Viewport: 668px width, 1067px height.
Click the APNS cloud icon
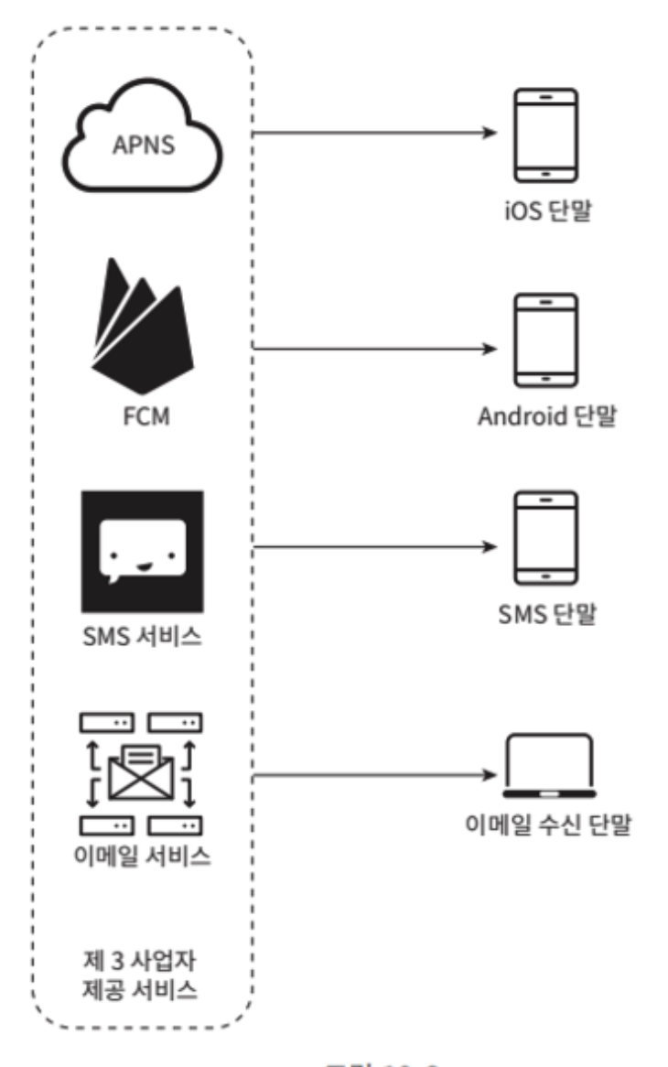coord(142,137)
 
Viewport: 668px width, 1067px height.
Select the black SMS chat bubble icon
coord(142,551)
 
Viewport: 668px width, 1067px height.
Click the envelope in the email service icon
coord(142,769)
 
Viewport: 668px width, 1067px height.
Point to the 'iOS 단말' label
coord(546,216)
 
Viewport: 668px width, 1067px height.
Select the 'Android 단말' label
coord(547,417)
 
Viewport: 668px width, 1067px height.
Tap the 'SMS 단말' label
coord(546,613)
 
